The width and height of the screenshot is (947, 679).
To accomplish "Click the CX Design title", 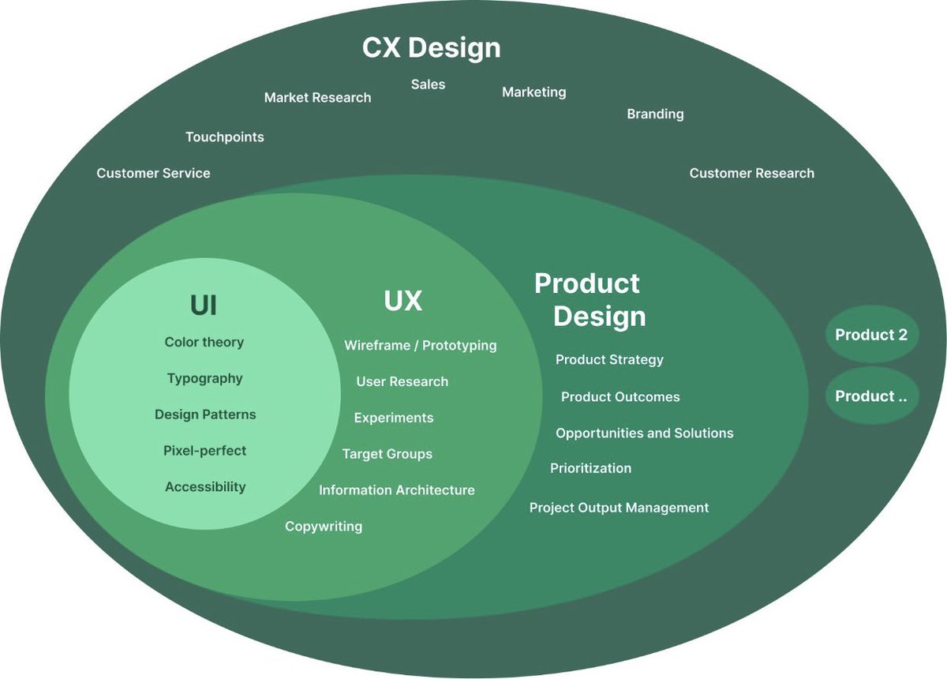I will click(431, 47).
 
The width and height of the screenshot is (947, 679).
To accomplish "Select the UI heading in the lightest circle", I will click(204, 305).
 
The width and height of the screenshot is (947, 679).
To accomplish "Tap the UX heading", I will click(402, 301).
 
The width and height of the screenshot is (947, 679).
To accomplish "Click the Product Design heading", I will click(590, 300).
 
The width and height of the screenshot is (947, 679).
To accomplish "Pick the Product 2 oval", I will click(871, 335).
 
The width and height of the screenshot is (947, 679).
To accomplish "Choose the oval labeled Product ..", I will click(871, 396).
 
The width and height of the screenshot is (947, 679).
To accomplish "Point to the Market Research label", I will click(317, 98).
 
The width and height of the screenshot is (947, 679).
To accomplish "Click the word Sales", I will click(428, 84).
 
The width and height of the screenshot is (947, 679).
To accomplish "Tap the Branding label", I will click(655, 114).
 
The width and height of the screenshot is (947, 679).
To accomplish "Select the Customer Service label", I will click(153, 173).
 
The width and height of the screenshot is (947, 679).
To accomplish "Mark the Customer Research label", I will click(751, 173).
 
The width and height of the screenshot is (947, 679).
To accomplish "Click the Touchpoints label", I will click(224, 137).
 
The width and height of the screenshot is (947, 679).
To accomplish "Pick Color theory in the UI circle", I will click(204, 342).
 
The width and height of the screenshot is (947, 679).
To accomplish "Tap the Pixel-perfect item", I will click(204, 451).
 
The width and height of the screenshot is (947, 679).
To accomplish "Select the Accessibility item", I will click(205, 487).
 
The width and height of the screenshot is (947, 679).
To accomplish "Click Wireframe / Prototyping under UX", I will click(420, 346).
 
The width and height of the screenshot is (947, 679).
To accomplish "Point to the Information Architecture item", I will click(396, 490).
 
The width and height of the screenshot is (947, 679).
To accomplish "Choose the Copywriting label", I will click(324, 527).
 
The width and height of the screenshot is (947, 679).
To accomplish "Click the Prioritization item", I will click(590, 468).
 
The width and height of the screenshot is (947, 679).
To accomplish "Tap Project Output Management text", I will click(619, 508).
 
